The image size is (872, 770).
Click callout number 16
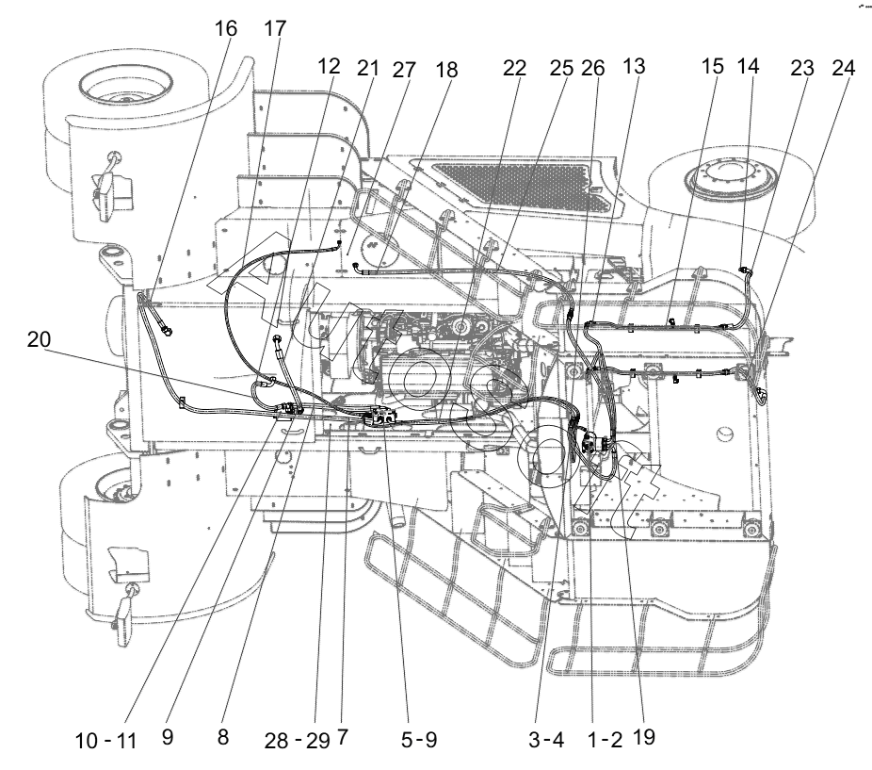(x=226, y=28)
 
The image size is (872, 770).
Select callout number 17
(x=275, y=28)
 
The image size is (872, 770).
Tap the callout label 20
(x=39, y=339)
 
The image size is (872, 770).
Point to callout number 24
(x=843, y=68)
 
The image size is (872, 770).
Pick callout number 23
(x=802, y=68)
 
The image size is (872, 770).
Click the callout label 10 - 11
(x=105, y=741)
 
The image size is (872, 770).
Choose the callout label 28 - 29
(x=298, y=741)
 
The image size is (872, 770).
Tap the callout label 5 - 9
(x=419, y=740)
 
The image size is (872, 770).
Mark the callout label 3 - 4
(x=546, y=740)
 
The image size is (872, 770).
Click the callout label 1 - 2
(x=605, y=740)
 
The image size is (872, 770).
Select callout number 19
(x=644, y=737)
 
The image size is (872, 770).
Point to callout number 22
(x=514, y=68)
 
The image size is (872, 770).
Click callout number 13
(x=634, y=66)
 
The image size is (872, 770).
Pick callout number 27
(x=404, y=70)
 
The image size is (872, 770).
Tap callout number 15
(x=713, y=66)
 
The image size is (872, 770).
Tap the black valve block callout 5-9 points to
(x=380, y=418)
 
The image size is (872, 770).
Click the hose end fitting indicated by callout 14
(x=745, y=270)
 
